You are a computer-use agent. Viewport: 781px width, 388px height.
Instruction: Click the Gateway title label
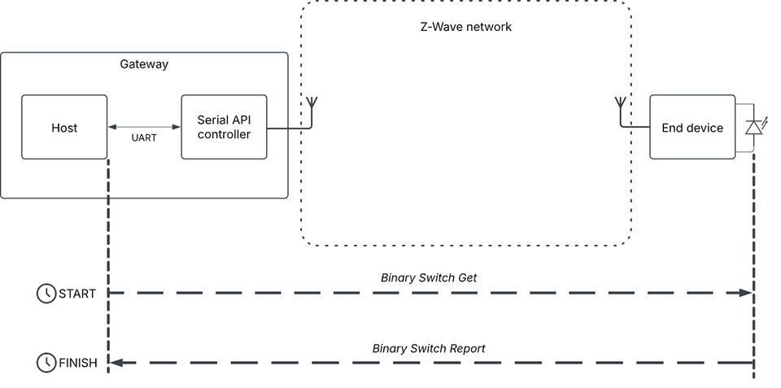(x=144, y=64)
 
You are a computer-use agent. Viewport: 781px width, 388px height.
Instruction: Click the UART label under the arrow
(x=144, y=138)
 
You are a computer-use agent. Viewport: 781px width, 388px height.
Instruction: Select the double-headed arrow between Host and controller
(x=144, y=127)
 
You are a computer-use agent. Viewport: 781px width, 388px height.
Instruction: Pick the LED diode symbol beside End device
(x=753, y=127)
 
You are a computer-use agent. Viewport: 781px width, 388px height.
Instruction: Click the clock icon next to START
(x=46, y=294)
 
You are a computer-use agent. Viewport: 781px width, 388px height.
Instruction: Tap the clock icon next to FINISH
(x=46, y=363)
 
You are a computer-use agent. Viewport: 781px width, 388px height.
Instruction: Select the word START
(x=77, y=294)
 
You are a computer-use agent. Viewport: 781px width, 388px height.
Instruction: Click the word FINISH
(x=78, y=363)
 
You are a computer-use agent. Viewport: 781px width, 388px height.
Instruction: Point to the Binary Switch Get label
(x=429, y=277)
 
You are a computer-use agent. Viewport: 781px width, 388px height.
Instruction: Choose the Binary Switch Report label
(x=429, y=348)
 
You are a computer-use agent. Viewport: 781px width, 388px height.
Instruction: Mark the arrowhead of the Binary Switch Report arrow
(x=116, y=363)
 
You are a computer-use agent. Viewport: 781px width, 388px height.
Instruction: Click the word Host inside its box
(x=64, y=128)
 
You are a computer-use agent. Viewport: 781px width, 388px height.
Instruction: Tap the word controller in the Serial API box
(x=224, y=134)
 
